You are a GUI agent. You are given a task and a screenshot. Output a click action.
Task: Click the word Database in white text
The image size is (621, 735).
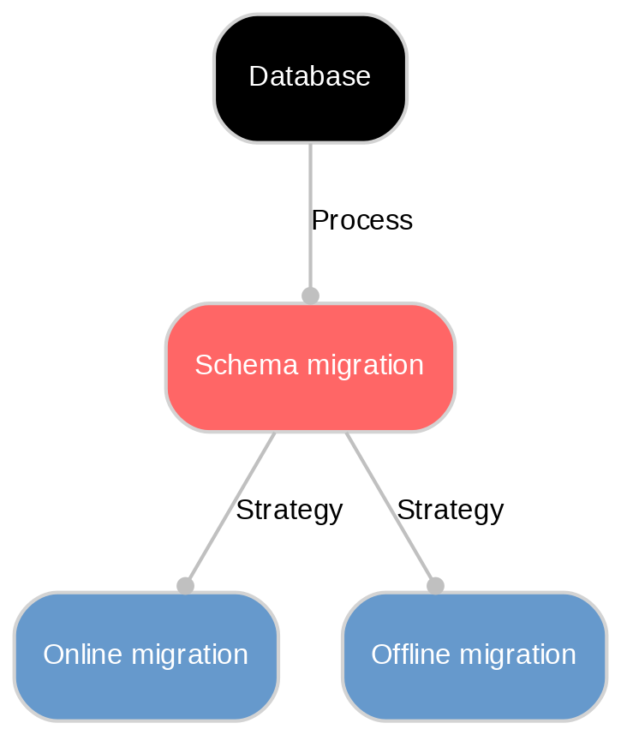[309, 77]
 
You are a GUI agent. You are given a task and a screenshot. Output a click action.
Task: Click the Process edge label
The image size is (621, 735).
[361, 221]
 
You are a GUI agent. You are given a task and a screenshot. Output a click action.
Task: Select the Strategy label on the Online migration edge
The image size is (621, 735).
[289, 511]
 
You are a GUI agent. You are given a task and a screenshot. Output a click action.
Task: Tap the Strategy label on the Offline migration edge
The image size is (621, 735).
[450, 511]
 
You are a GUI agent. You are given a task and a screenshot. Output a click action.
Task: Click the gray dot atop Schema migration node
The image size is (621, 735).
[310, 296]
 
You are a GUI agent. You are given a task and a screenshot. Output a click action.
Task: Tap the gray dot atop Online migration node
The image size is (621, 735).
[185, 585]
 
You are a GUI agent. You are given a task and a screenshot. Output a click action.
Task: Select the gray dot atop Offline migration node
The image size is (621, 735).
[435, 585]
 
